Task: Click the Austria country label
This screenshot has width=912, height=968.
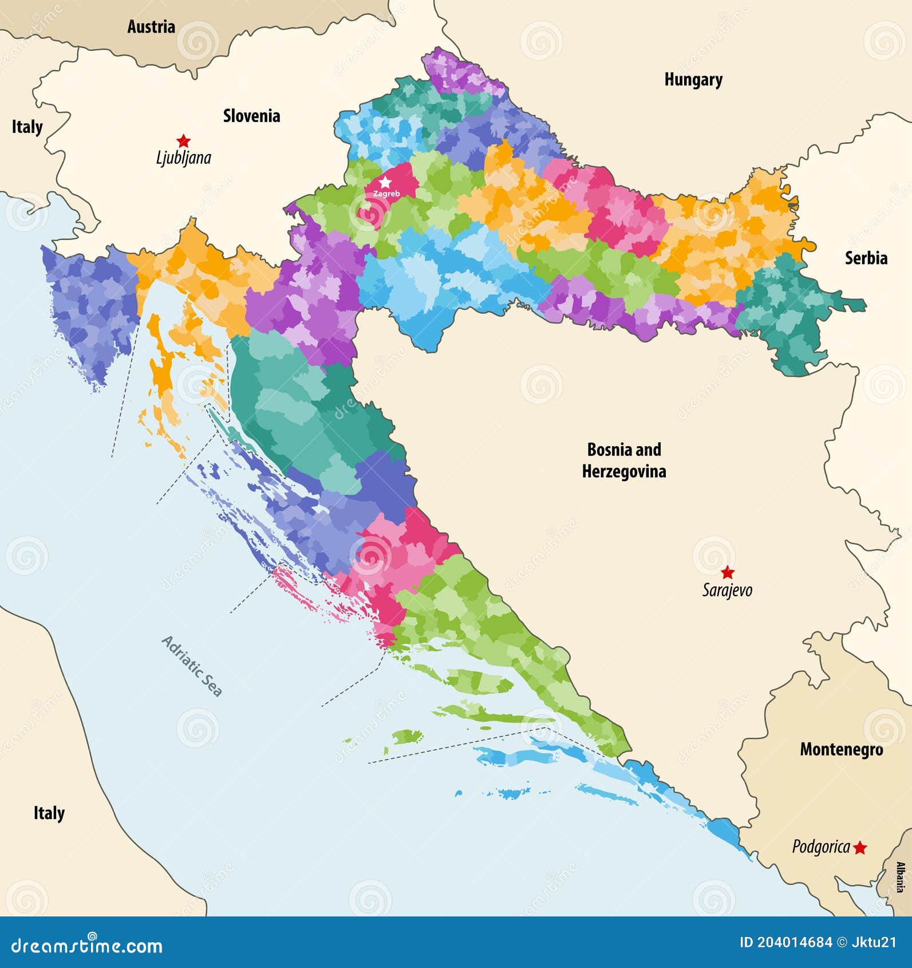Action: [151, 26]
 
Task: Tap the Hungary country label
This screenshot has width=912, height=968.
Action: [693, 80]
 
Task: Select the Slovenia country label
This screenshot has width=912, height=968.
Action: [251, 116]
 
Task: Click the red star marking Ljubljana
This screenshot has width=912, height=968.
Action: [183, 140]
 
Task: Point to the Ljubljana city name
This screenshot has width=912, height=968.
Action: [183, 158]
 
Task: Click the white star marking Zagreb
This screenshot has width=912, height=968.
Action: [386, 182]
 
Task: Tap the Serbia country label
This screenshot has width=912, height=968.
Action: [866, 258]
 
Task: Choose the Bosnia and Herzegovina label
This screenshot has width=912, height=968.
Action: [624, 460]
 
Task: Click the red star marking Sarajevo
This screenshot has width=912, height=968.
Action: [727, 572]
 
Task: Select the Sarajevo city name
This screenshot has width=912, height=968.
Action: [727, 590]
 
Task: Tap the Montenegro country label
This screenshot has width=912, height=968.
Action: [841, 749]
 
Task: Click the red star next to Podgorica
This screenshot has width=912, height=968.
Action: [859, 848]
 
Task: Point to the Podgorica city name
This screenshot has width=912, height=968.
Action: [820, 847]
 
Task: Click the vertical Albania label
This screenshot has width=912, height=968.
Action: [900, 877]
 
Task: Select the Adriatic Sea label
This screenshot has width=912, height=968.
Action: [191, 666]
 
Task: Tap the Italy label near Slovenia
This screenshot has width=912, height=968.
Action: [27, 127]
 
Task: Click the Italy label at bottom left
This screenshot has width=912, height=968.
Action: [49, 813]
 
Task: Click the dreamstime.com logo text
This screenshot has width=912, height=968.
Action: [87, 945]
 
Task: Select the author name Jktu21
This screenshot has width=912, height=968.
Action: [874, 942]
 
